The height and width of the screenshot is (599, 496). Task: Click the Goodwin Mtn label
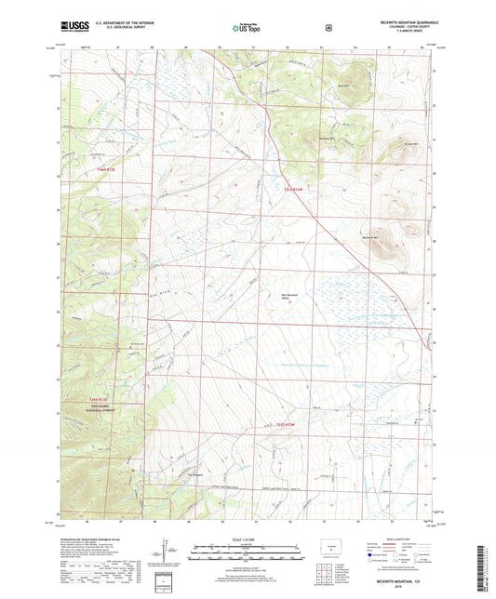(x=325, y=140)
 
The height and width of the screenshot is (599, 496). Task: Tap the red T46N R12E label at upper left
(x=83, y=169)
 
